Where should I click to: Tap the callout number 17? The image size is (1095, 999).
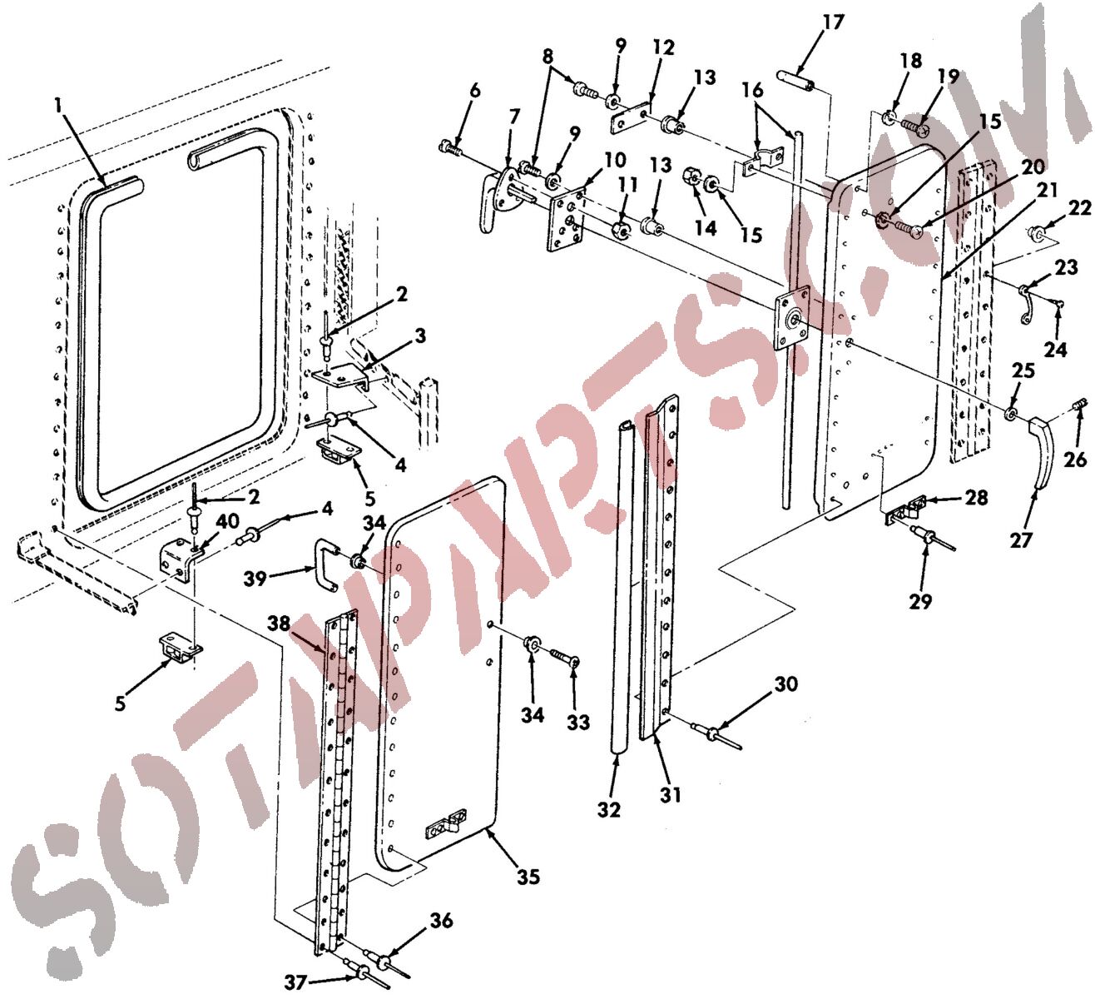pyautogui.click(x=832, y=23)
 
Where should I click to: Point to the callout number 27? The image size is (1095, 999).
pyautogui.click(x=1022, y=540)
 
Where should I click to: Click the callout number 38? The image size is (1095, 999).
pyautogui.click(x=279, y=623)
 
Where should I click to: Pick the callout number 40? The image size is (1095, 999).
pyautogui.click(x=228, y=521)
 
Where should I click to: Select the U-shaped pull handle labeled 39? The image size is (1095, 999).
pyautogui.click(x=326, y=566)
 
